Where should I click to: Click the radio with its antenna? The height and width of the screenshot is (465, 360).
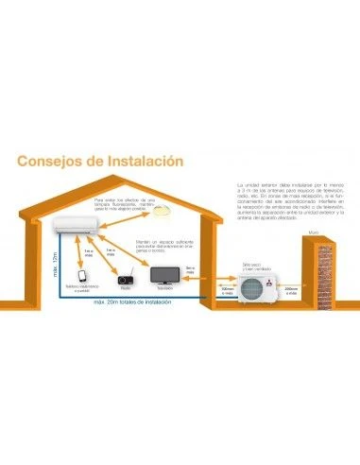tap(124, 277)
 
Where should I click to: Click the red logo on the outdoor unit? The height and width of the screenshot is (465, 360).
tap(272, 281)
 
